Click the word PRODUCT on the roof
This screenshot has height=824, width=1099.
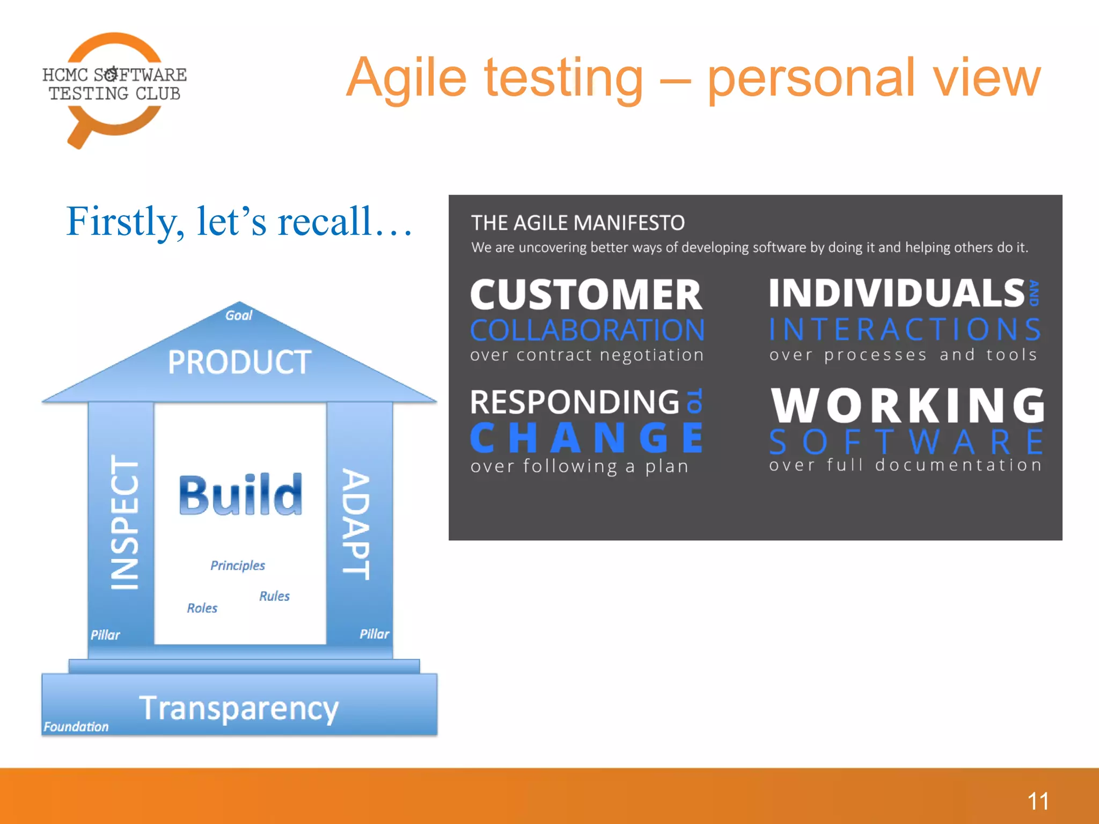pos(239,362)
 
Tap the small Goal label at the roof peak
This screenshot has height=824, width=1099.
pos(238,315)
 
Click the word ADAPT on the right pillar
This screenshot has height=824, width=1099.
pos(356,524)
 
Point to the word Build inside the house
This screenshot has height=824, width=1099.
pos(240,495)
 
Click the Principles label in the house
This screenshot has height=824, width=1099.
pos(237,565)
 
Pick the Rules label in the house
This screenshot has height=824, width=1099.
pos(274,596)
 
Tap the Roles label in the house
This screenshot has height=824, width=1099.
pos(202,608)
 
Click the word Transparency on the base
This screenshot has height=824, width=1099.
pos(239,709)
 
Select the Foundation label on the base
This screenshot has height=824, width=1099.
pos(76,726)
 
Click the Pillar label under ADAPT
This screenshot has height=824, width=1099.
pos(374,634)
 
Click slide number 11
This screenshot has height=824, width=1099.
pos(1038,801)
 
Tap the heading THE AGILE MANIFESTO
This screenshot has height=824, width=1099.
pos(577,223)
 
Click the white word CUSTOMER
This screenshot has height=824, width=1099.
pos(586,295)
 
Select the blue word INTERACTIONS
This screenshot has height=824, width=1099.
pos(905,329)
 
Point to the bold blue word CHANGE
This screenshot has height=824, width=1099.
pos(587,438)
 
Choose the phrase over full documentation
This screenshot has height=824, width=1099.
pos(905,465)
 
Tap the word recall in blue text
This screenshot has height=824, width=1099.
pos(325,221)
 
